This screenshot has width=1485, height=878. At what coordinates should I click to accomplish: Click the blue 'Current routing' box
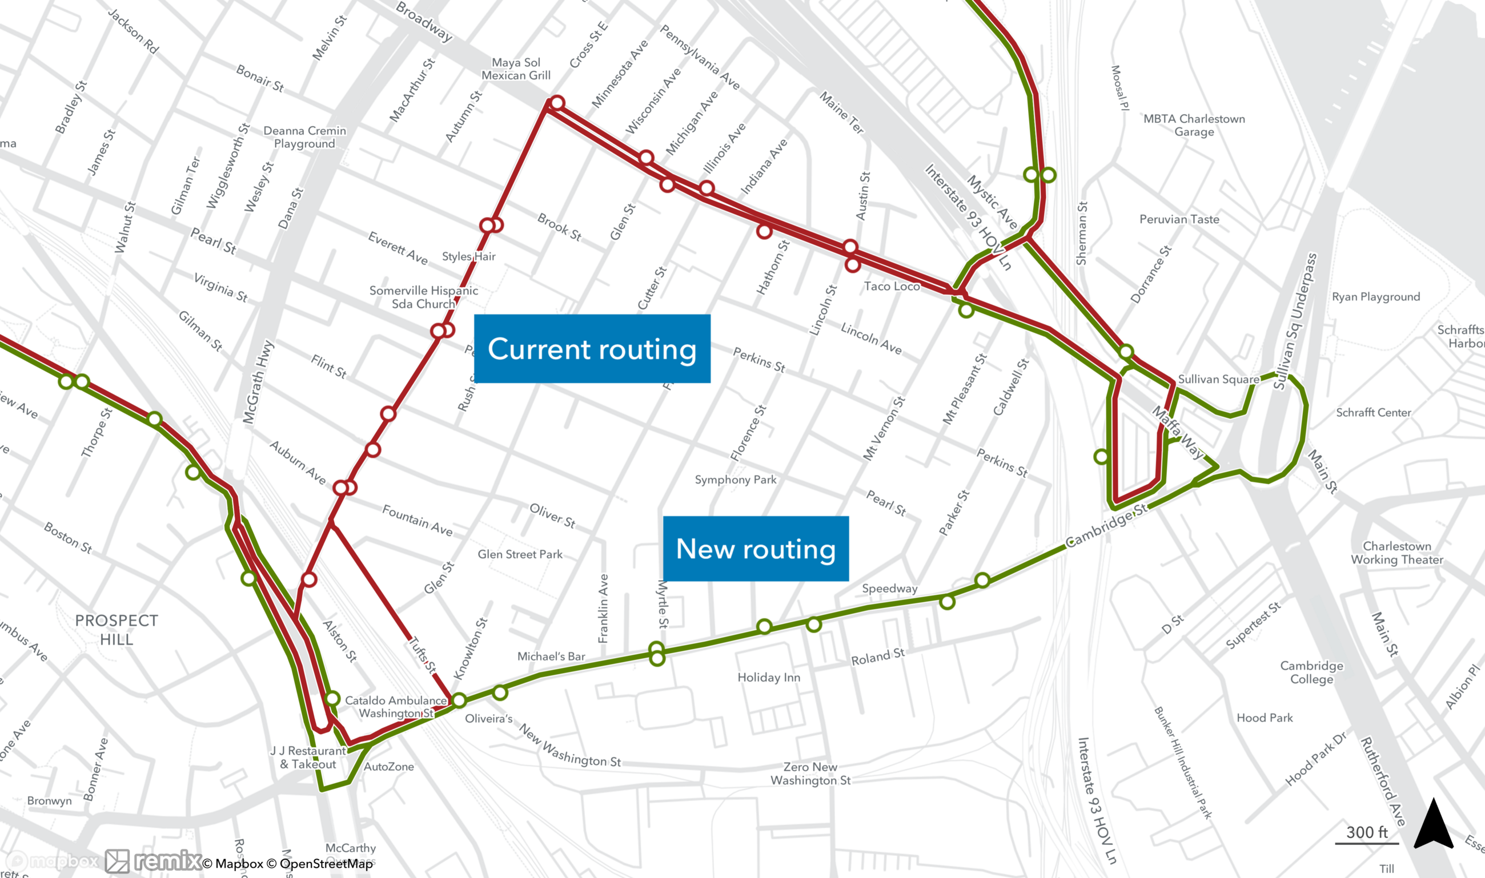click(592, 348)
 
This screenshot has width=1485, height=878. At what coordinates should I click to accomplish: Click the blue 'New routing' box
click(755, 549)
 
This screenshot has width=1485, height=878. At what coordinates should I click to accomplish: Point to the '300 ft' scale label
click(1367, 832)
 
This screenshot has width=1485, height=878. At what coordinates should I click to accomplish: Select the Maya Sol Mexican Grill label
click(516, 69)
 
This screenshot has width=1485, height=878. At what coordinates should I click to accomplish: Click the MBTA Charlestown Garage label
click(1194, 125)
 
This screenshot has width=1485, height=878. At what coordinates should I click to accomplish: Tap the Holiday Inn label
click(768, 677)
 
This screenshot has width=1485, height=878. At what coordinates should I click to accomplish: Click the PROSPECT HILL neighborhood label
click(117, 630)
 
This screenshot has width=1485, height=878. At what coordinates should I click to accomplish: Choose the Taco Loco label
click(892, 287)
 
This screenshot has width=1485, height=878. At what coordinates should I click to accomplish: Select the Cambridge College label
click(1311, 672)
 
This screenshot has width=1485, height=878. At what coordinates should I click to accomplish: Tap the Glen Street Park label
click(520, 554)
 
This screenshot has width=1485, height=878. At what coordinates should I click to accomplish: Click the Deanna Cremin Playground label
click(304, 136)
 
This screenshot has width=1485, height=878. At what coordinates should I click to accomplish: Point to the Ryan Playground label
click(1375, 296)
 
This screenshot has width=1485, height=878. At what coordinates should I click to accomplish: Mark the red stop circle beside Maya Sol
click(556, 103)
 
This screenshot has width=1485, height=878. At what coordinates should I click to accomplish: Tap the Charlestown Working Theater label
click(1397, 553)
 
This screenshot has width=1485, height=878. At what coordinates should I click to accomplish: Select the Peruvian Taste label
click(1179, 219)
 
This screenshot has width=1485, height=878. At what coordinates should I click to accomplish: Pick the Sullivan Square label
click(1218, 378)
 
